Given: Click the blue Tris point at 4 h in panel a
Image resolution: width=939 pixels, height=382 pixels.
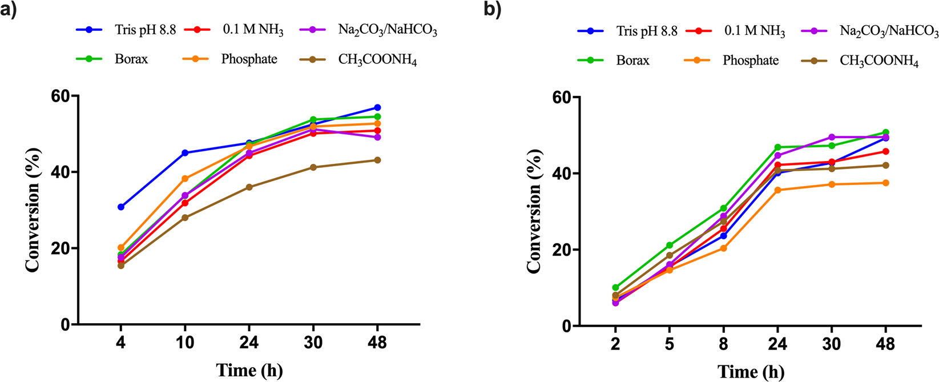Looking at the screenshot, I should [x=121, y=207].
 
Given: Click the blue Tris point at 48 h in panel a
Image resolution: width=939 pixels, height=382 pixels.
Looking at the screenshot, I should [x=377, y=107].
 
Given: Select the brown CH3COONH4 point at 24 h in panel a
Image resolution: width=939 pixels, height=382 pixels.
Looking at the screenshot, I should [x=249, y=187].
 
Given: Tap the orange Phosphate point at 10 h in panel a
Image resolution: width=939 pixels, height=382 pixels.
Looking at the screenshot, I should [x=185, y=179].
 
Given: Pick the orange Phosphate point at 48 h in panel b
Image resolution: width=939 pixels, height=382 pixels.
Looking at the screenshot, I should [x=885, y=183].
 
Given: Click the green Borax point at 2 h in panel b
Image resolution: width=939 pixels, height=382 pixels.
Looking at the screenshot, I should [x=615, y=288].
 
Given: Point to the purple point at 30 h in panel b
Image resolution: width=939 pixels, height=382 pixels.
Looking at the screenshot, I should [x=832, y=137].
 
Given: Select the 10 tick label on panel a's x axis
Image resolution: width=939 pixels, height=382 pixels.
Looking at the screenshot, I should [x=185, y=343].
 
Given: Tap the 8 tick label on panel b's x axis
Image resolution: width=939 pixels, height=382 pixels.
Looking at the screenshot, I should [x=723, y=344].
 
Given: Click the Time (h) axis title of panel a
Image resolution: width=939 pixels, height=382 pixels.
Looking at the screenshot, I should [x=249, y=371].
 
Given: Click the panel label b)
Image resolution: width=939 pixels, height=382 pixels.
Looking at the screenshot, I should [x=492, y=10].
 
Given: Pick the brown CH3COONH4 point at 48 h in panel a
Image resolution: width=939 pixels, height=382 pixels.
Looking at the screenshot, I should [x=377, y=160].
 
